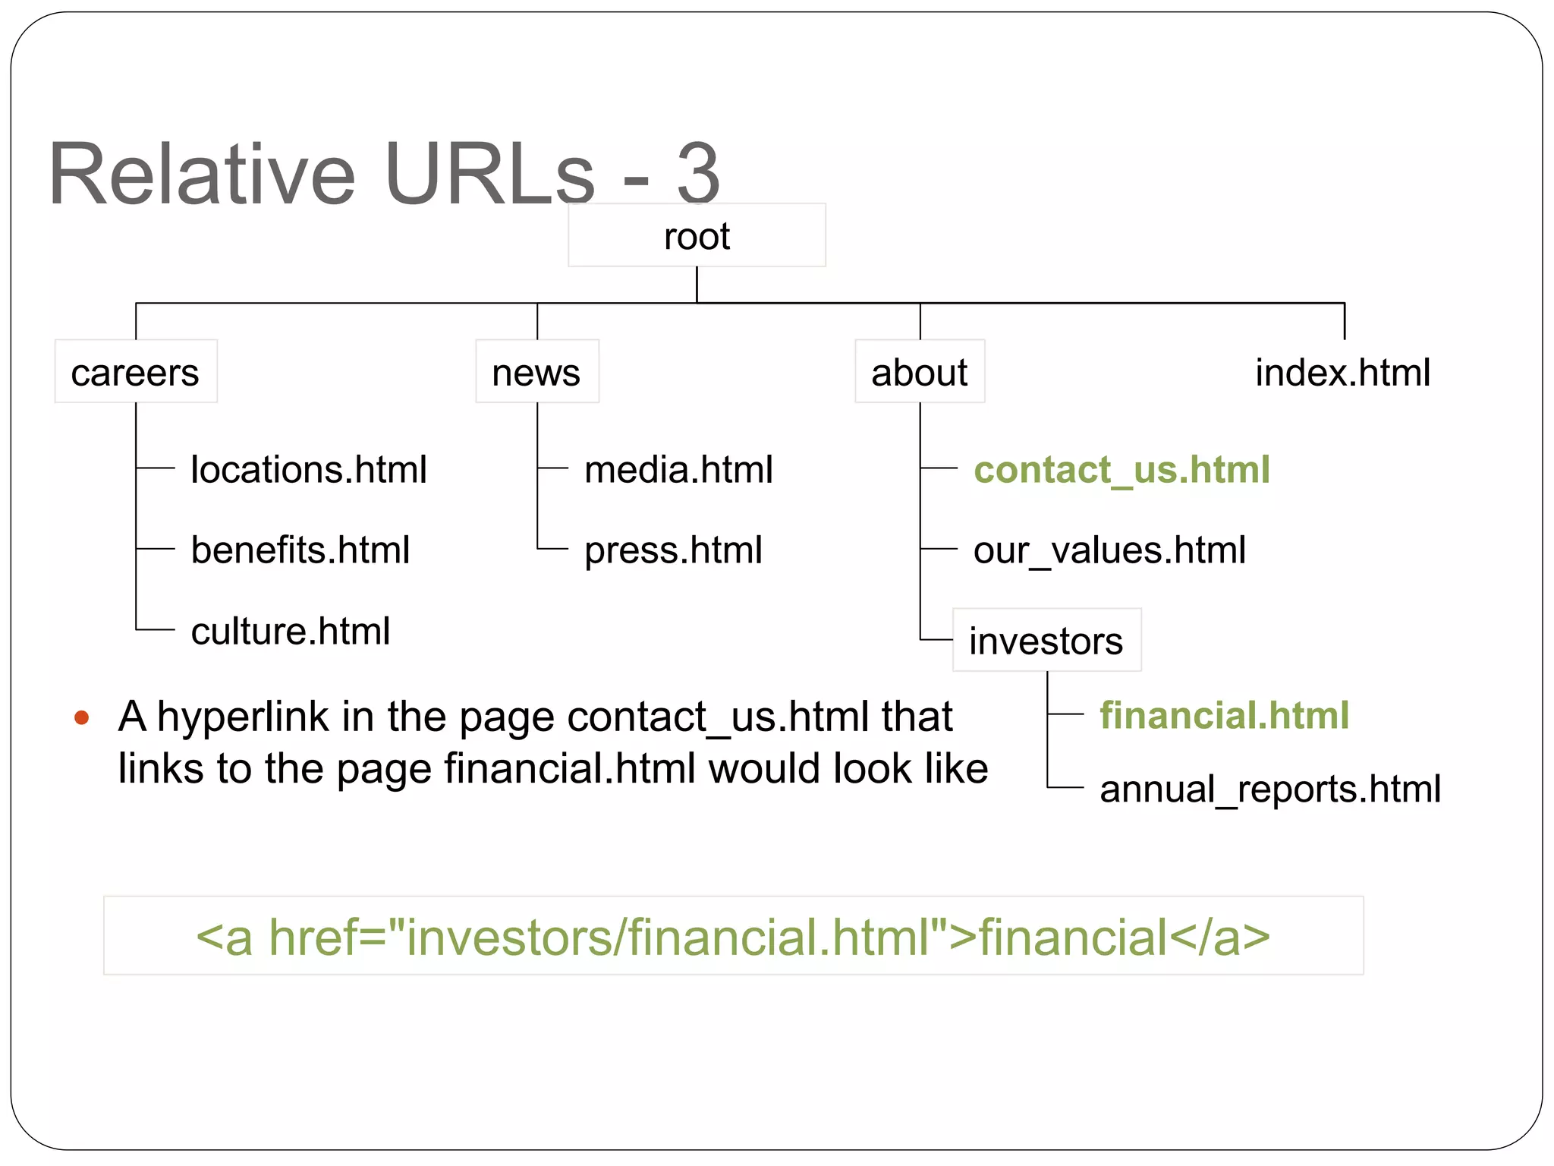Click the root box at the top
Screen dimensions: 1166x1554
coord(697,235)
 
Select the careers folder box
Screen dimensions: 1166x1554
coord(136,372)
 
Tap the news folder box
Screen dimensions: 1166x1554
coord(536,372)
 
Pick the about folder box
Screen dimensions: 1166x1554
coord(920,372)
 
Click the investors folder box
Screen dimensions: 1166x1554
coord(1046,640)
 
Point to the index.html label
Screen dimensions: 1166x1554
coord(1342,372)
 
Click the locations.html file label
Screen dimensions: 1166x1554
coord(309,469)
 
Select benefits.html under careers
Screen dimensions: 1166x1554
coord(300,550)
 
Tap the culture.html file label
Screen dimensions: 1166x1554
coord(291,631)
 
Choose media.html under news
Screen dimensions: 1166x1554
coord(678,469)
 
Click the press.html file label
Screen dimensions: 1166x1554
coord(673,550)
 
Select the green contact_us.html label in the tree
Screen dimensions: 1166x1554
coord(1121,469)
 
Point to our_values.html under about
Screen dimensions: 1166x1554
coord(1109,550)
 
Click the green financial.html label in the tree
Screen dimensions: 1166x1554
coord(1224,715)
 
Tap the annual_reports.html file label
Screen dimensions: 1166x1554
coord(1270,789)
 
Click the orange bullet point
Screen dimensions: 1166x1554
coord(82,717)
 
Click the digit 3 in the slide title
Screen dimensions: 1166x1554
coord(697,174)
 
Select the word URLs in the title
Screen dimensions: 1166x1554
coord(489,174)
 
